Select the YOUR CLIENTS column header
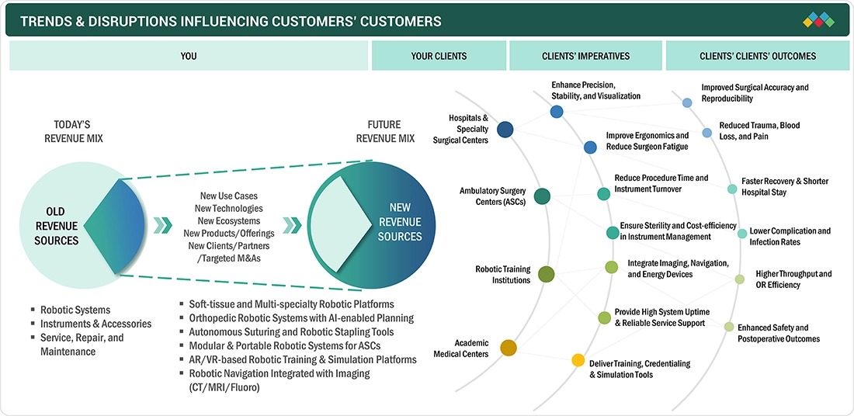pos(439,56)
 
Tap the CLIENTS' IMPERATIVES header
pos(586,56)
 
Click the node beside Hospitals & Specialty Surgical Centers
pos(505,129)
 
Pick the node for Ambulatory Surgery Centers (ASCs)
pos(542,196)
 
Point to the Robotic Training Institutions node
pos(546,274)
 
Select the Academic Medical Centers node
pos(509,348)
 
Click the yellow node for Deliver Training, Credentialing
pos(578,360)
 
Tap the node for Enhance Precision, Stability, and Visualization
pos(556,112)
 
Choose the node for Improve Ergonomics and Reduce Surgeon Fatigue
pos(590,147)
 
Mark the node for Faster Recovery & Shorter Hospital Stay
pos(732,189)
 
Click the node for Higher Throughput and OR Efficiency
pos(739,279)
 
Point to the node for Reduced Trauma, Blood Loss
pos(706,132)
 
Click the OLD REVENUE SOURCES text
pos(56,226)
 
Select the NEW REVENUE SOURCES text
pos(401,222)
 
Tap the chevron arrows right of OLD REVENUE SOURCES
pos(162,225)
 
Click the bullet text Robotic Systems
pos(75,310)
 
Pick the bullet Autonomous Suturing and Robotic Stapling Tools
pos(291,331)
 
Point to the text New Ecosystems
pos(229,221)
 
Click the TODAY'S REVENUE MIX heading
pos(74,131)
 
